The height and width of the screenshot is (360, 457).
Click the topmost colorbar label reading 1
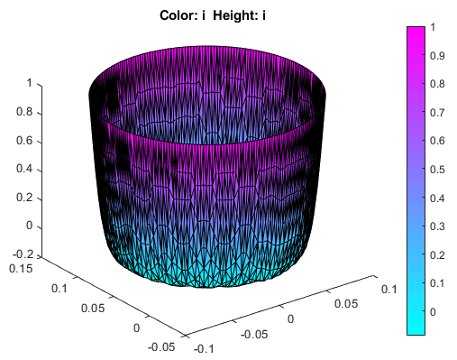click(434, 27)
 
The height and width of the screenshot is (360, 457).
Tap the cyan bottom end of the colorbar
click(416, 330)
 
